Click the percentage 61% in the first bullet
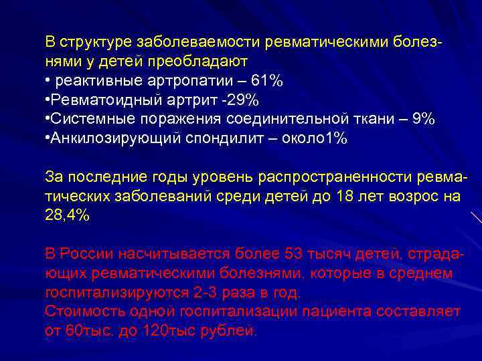pyautogui.click(x=266, y=81)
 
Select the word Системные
pyautogui.click(x=84, y=119)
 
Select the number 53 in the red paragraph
pyautogui.click(x=294, y=254)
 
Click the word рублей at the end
pyautogui.click(x=233, y=330)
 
